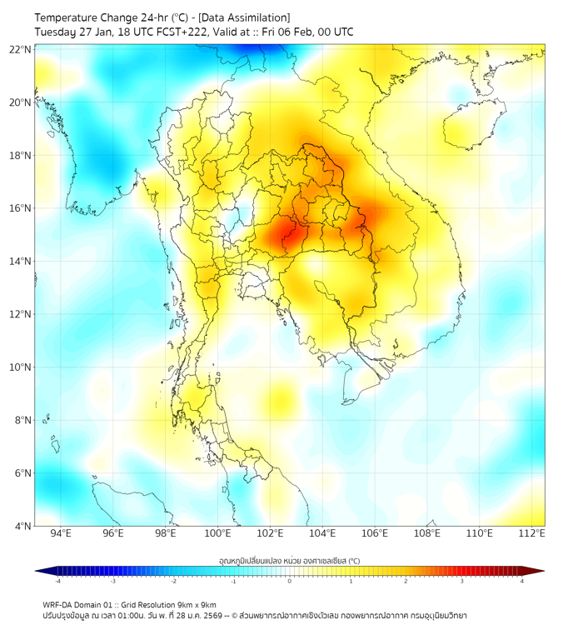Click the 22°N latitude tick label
click(x=21, y=49)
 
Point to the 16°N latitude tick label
click(x=21, y=208)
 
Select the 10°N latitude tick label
click(x=21, y=367)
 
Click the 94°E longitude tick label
click(x=61, y=533)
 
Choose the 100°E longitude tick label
click(x=217, y=533)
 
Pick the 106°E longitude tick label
click(x=375, y=533)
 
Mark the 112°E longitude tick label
click(x=532, y=533)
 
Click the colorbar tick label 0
click(x=290, y=581)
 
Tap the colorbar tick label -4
click(x=57, y=581)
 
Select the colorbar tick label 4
click(x=522, y=581)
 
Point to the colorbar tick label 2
click(x=406, y=581)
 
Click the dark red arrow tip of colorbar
click(x=539, y=571)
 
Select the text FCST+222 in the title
click(x=181, y=32)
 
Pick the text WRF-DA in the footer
click(x=58, y=604)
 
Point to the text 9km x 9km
click(x=195, y=604)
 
